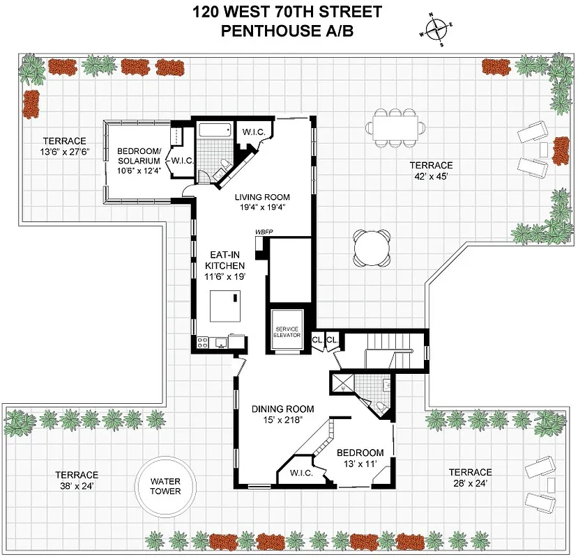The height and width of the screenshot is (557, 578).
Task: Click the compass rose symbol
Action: [436, 29]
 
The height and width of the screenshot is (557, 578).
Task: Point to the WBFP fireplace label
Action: [264, 231]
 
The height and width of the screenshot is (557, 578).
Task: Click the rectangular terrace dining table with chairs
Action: [396, 127]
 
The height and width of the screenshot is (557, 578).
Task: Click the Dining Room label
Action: [282, 409]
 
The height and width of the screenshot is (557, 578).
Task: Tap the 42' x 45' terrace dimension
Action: [430, 177]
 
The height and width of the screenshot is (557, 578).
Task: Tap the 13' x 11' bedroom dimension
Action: [361, 464]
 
